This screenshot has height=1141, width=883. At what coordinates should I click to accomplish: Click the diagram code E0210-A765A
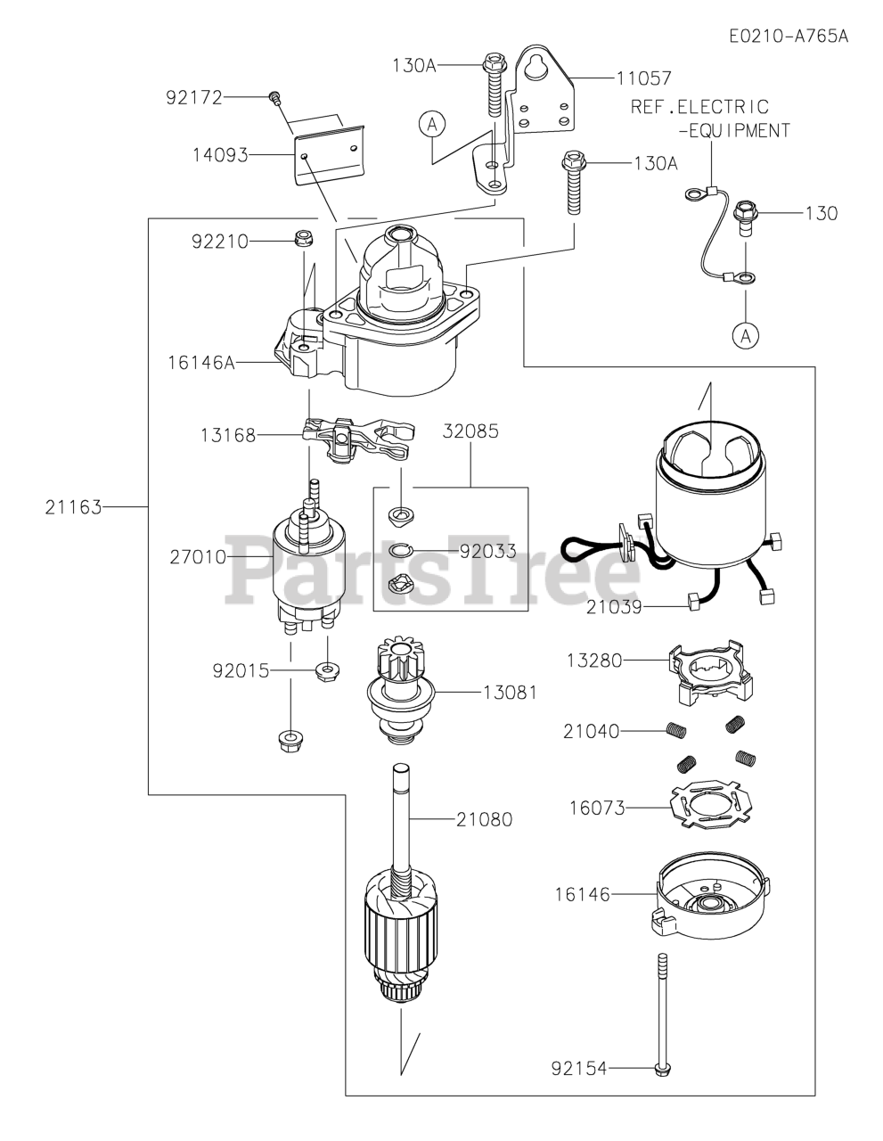(788, 36)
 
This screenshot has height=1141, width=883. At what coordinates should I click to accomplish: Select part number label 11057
(643, 78)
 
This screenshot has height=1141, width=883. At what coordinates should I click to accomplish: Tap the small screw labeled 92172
(274, 97)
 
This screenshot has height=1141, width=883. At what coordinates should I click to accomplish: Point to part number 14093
(220, 155)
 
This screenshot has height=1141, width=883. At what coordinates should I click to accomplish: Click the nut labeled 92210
(303, 240)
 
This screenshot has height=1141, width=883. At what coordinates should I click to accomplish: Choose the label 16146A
(201, 362)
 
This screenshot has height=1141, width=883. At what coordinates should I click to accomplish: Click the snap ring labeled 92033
(401, 550)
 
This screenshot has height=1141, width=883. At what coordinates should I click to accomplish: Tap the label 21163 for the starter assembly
(73, 507)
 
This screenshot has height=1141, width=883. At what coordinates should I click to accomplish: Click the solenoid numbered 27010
(308, 559)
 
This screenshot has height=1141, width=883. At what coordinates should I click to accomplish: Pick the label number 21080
(484, 819)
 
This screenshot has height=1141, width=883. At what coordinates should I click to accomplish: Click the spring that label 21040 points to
(676, 730)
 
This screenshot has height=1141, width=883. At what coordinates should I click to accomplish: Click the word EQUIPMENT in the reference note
(740, 130)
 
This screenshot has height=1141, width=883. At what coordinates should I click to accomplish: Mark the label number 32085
(470, 431)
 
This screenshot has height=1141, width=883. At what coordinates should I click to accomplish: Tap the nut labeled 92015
(327, 670)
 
